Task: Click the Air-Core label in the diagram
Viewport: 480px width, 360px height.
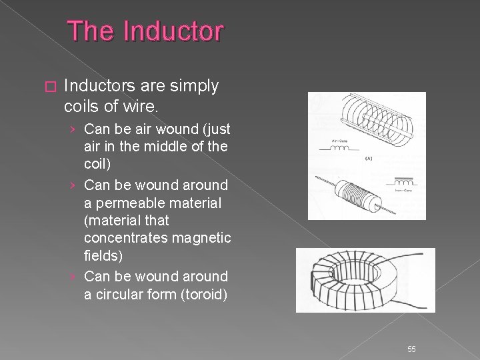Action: point(326,141)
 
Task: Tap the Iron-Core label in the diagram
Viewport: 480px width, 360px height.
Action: point(405,191)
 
